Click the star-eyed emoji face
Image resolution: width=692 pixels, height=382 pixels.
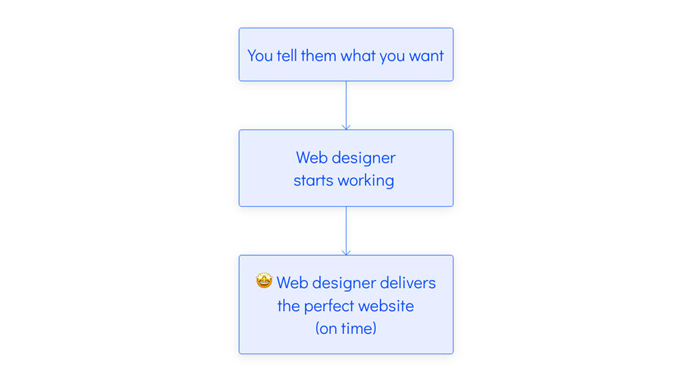click(264, 281)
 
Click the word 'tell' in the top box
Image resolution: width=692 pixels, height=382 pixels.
click(287, 55)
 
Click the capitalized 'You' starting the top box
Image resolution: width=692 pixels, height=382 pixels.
click(260, 55)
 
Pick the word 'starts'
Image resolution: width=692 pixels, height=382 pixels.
click(314, 181)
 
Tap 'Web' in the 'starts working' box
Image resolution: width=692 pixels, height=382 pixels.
click(312, 158)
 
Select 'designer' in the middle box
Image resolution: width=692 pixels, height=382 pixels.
click(364, 158)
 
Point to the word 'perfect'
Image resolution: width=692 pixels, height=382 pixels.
click(329, 306)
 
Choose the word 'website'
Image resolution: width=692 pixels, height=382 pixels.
click(386, 306)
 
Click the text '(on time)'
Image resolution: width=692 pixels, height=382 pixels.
click(346, 329)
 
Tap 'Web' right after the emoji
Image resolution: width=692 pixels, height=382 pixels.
click(292, 283)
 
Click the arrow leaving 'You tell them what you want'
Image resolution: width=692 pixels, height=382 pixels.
click(346, 105)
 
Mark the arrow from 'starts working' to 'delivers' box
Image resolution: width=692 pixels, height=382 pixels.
click(346, 231)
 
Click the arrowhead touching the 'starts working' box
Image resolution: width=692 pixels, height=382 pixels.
click(346, 127)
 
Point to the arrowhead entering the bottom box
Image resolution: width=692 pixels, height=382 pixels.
click(346, 253)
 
